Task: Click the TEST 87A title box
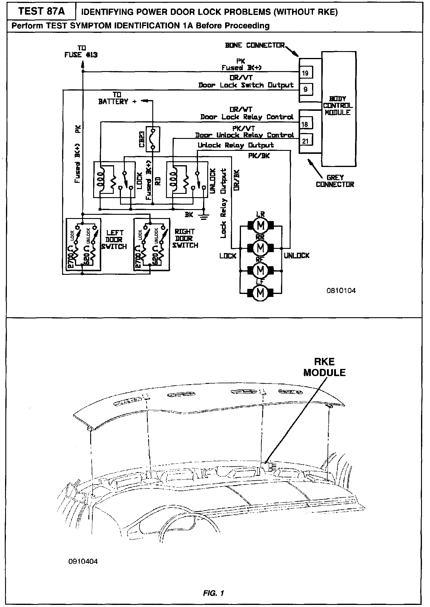[x=41, y=12]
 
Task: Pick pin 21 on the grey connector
[x=305, y=140]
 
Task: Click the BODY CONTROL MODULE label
[x=338, y=105]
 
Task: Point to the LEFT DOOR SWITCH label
[x=114, y=239]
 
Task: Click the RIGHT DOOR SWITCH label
[x=185, y=238]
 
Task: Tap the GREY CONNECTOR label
[x=335, y=181]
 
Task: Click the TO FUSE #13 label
[x=81, y=51]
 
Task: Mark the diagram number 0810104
[x=341, y=291]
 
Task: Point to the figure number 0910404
[x=83, y=562]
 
